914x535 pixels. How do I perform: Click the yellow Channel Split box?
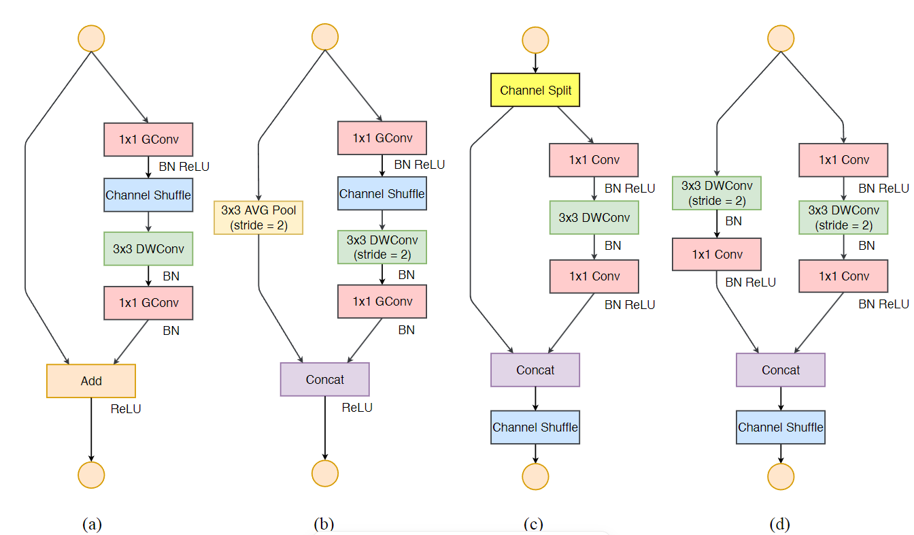(x=535, y=90)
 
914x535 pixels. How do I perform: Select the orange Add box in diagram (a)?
(x=91, y=380)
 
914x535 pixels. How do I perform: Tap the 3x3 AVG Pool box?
(x=258, y=218)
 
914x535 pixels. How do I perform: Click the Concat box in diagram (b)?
(x=324, y=379)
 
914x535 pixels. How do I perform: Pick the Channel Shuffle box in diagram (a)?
(x=148, y=195)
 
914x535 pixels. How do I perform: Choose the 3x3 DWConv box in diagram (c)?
(x=594, y=218)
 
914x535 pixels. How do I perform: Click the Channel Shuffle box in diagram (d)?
(x=780, y=427)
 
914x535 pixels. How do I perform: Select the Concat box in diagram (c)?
(x=535, y=370)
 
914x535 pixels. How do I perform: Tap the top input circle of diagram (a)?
(x=91, y=38)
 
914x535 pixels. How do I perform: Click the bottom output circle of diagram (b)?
(x=324, y=472)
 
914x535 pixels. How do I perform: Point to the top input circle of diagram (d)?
(x=780, y=38)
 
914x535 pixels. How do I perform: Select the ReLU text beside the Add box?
(x=126, y=409)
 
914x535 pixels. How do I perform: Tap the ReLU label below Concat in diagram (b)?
(x=357, y=407)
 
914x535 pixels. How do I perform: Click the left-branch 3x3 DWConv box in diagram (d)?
(x=716, y=193)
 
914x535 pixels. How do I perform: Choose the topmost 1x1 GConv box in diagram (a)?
(x=148, y=140)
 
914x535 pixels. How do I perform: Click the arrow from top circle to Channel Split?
(x=535, y=63)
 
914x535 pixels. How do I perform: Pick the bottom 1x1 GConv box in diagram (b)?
(x=382, y=302)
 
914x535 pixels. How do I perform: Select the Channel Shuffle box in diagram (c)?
(x=535, y=427)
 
